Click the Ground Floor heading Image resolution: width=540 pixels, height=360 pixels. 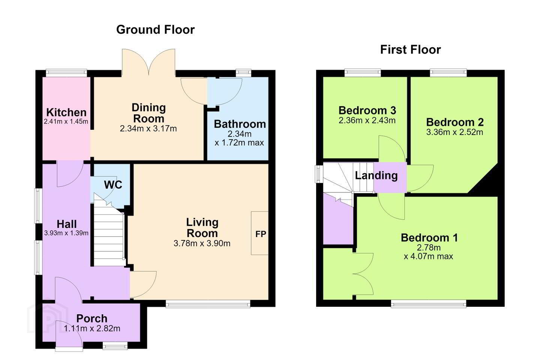[x=155, y=30]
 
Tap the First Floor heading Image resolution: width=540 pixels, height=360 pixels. [x=410, y=50]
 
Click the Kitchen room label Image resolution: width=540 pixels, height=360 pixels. [x=66, y=112]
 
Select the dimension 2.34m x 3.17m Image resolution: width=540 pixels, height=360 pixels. [x=148, y=129]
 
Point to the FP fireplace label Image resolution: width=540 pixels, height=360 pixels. [x=261, y=234]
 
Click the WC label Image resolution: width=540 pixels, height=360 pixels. [x=113, y=185]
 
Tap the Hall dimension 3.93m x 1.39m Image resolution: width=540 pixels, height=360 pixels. [x=66, y=233]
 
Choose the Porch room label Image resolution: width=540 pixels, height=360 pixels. [x=91, y=318]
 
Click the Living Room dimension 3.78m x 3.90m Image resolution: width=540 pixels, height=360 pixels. [x=202, y=243]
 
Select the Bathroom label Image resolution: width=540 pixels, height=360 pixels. [x=240, y=124]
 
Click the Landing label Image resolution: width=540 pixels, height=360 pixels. [x=376, y=175]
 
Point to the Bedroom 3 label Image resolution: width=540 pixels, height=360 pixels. [x=367, y=110]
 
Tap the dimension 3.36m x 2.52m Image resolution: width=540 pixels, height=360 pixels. [x=454, y=132]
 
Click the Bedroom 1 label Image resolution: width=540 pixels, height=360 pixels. [x=429, y=238]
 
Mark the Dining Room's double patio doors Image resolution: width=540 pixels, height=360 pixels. [x=148, y=63]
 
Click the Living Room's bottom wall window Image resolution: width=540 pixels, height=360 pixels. [x=208, y=304]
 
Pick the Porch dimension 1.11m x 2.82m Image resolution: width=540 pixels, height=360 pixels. [x=92, y=328]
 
